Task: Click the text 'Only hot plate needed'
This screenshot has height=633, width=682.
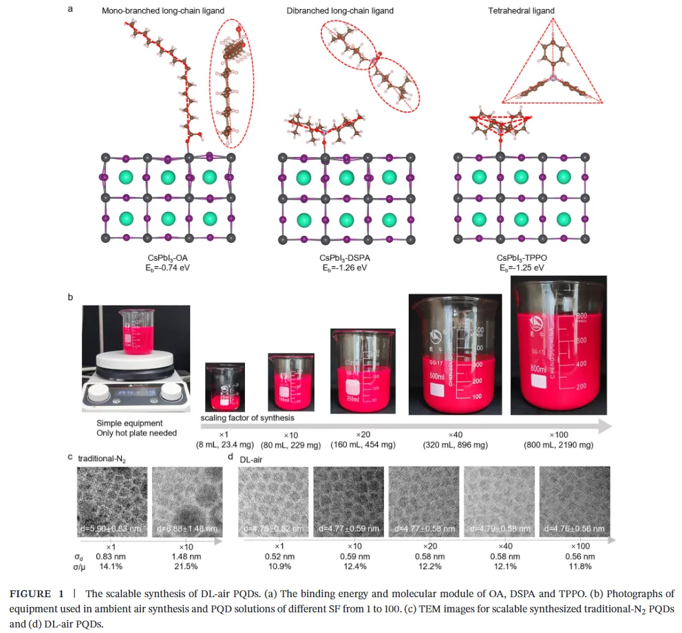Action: click(136, 433)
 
